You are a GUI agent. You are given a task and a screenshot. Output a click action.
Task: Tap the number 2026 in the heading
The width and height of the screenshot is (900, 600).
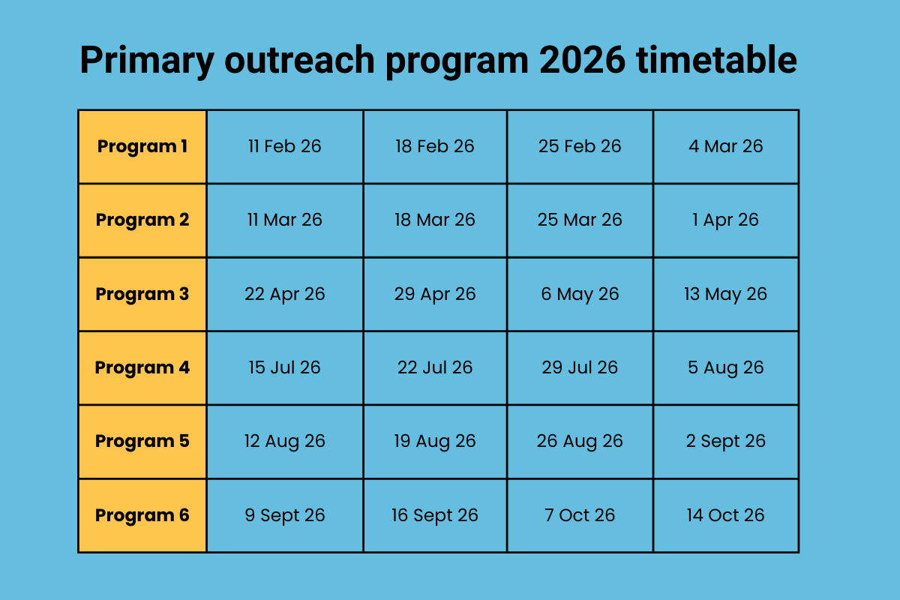pos(581,61)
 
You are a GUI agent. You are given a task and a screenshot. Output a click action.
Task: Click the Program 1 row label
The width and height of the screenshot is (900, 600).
pos(142,146)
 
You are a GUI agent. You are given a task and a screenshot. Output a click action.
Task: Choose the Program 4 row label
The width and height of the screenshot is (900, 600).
pos(142,367)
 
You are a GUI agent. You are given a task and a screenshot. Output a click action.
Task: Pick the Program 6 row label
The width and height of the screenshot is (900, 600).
pos(142,515)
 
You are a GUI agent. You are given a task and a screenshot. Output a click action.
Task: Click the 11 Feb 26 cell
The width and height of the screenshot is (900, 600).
pos(285,146)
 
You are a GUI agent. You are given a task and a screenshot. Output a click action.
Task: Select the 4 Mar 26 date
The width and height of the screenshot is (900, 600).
pos(725,146)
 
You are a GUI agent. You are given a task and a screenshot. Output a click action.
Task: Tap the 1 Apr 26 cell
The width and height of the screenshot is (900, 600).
pos(725,220)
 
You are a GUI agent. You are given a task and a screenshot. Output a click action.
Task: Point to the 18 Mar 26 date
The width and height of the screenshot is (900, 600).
pos(435,220)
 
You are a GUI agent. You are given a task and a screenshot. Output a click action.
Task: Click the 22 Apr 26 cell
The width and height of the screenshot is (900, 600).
pos(285,294)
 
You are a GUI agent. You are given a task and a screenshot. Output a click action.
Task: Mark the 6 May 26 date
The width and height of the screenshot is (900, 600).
pos(580,294)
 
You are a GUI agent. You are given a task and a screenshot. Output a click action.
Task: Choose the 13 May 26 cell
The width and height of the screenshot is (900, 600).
pos(725,294)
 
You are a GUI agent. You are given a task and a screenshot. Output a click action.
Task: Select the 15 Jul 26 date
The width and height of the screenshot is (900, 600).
pos(285,367)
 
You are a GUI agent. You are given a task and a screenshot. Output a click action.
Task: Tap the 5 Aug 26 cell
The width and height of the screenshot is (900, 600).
pos(725,367)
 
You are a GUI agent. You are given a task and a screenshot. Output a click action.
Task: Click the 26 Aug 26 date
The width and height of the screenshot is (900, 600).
pos(580,441)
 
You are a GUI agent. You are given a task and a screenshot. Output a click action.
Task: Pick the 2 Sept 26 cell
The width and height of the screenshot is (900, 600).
pos(725,441)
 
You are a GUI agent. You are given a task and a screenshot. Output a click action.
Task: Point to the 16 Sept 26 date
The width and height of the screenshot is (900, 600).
pos(435,515)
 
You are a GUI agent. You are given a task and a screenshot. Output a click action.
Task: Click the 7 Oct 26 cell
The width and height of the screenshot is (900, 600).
pos(580,515)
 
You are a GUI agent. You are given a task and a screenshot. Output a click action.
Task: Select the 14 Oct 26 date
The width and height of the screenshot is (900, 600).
pos(725,515)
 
